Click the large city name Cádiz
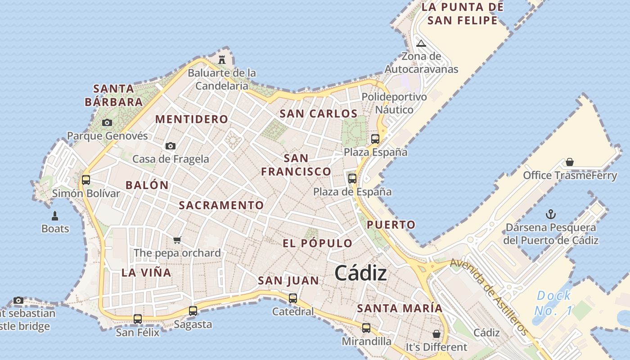tap(360, 273)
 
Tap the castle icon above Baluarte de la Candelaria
tap(221, 59)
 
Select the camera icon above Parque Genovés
tap(107, 122)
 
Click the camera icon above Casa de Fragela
tap(170, 146)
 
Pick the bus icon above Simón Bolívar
tap(86, 180)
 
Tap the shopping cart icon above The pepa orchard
tap(177, 240)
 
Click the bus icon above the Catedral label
tap(293, 298)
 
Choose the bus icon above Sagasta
tap(193, 310)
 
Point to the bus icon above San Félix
tap(138, 319)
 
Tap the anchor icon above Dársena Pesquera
tap(550, 214)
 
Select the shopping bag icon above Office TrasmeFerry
tap(570, 162)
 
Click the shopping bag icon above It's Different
tap(436, 334)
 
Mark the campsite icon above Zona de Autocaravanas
tap(421, 43)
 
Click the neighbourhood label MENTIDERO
tap(192, 119)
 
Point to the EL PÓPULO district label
tap(318, 243)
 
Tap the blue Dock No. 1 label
tap(553, 303)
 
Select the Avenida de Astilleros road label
tap(489, 297)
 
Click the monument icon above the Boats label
tap(55, 216)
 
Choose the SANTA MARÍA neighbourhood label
tap(400, 308)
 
